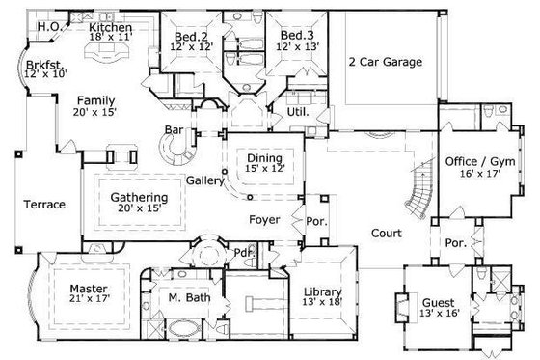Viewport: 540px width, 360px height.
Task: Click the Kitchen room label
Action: pyautogui.click(x=110, y=29)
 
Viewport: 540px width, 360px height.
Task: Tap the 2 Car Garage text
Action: pyautogui.click(x=385, y=62)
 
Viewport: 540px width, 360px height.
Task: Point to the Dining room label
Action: pyautogui.click(x=263, y=158)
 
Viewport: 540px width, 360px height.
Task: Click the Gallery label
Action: pyautogui.click(x=205, y=180)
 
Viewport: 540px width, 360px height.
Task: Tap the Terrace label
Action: pyautogui.click(x=44, y=205)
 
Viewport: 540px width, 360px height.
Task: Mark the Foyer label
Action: pyautogui.click(x=264, y=220)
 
